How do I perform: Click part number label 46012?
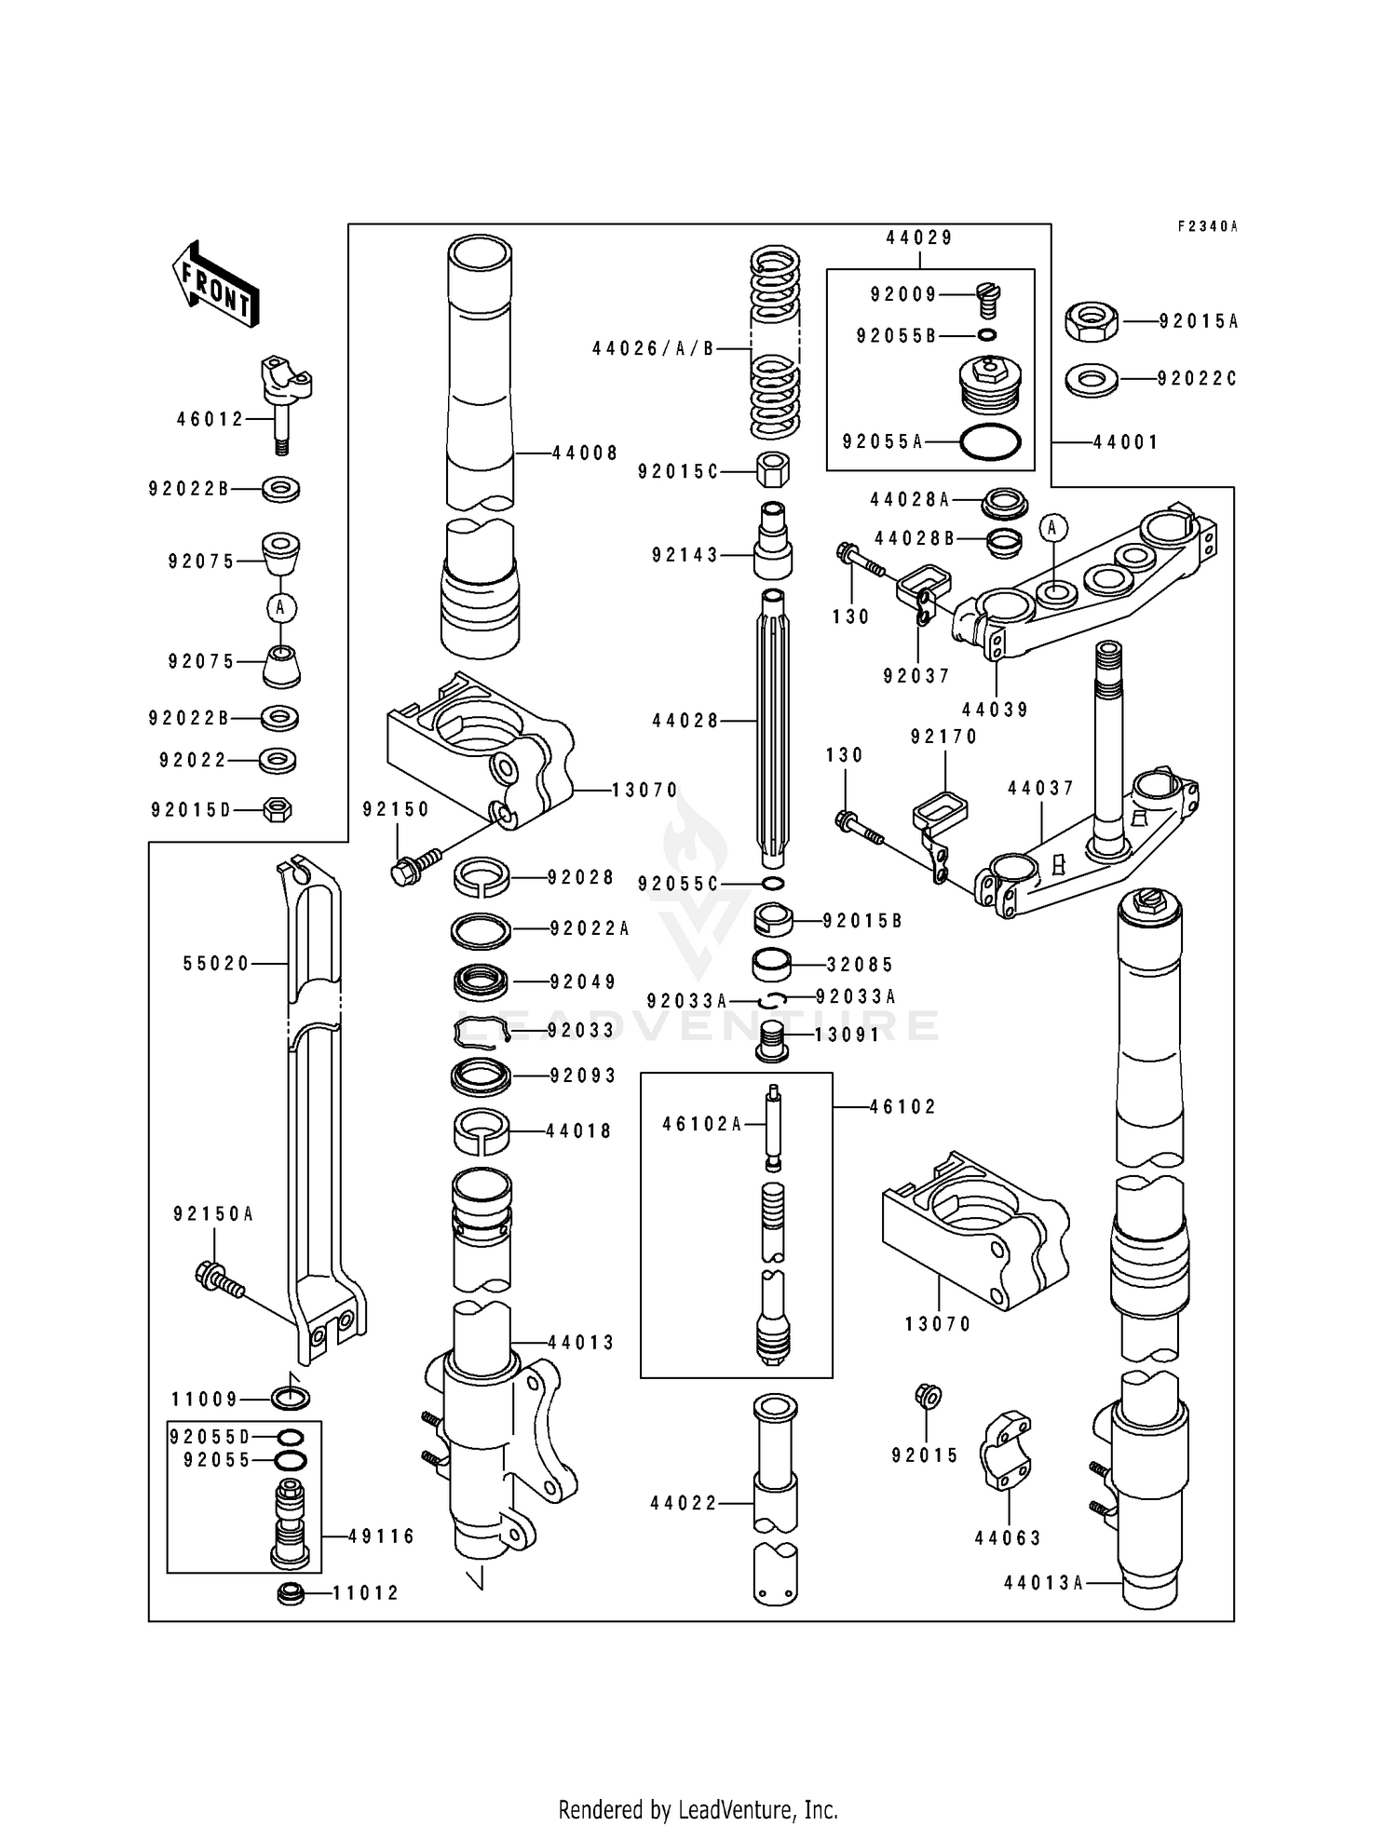[210, 420]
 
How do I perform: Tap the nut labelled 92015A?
[1092, 321]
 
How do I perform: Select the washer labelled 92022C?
[1092, 380]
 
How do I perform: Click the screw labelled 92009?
[987, 300]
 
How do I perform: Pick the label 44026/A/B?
[653, 349]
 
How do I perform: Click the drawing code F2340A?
[1207, 226]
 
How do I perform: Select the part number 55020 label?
[216, 964]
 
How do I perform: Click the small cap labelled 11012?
[292, 1593]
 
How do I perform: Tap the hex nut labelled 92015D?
[278, 809]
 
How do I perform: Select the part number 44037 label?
[1040, 789]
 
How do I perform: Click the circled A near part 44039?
[1053, 528]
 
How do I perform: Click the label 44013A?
[1043, 1582]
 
